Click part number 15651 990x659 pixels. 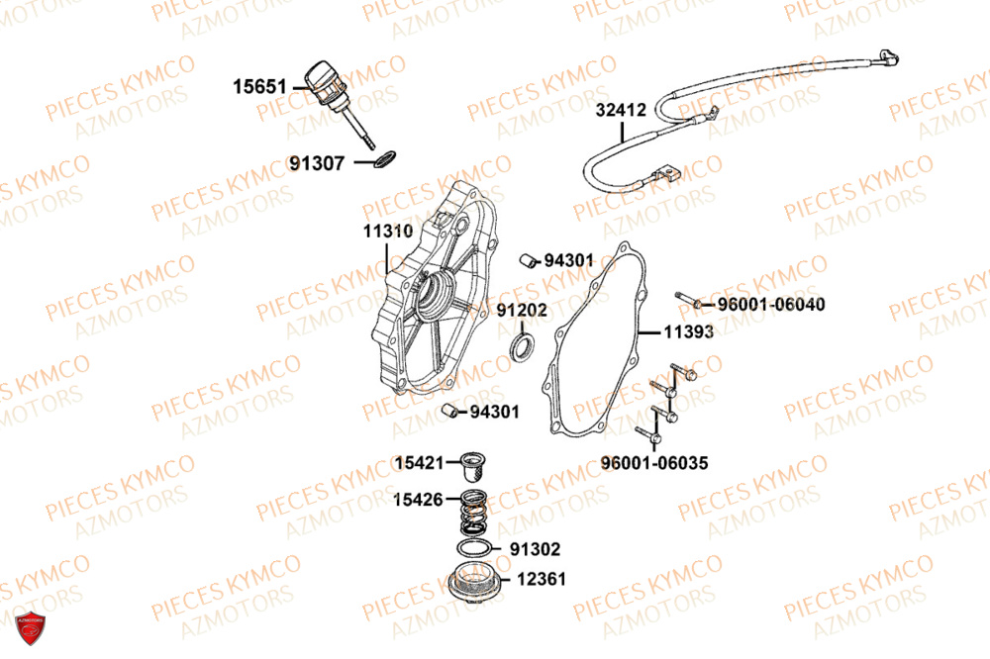(x=259, y=87)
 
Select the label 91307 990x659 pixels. (x=318, y=162)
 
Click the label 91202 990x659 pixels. (x=522, y=310)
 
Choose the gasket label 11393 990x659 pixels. (x=688, y=332)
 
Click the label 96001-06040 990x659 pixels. (x=771, y=304)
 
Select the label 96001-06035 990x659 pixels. (x=654, y=463)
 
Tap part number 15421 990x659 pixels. (x=420, y=462)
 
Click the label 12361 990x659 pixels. (x=541, y=580)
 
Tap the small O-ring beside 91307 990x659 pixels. (x=383, y=157)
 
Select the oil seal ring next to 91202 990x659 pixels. (x=521, y=347)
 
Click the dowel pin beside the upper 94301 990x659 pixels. (x=529, y=259)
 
